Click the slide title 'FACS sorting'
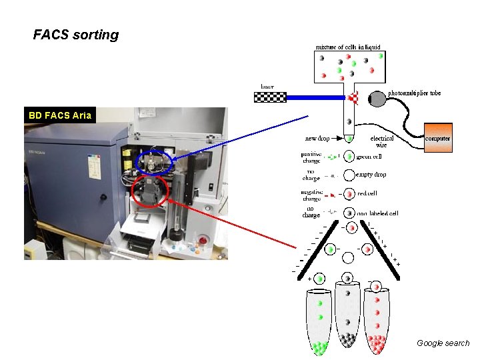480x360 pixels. tap(76, 35)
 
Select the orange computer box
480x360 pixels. tap(437, 138)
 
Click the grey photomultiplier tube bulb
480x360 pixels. tap(377, 99)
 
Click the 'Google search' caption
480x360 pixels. tap(443, 343)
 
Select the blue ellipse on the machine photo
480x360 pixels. tap(154, 162)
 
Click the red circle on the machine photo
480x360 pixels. tap(151, 191)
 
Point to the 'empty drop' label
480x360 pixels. tap(371, 175)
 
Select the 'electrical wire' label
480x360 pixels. tap(382, 141)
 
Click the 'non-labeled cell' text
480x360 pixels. tap(378, 213)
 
